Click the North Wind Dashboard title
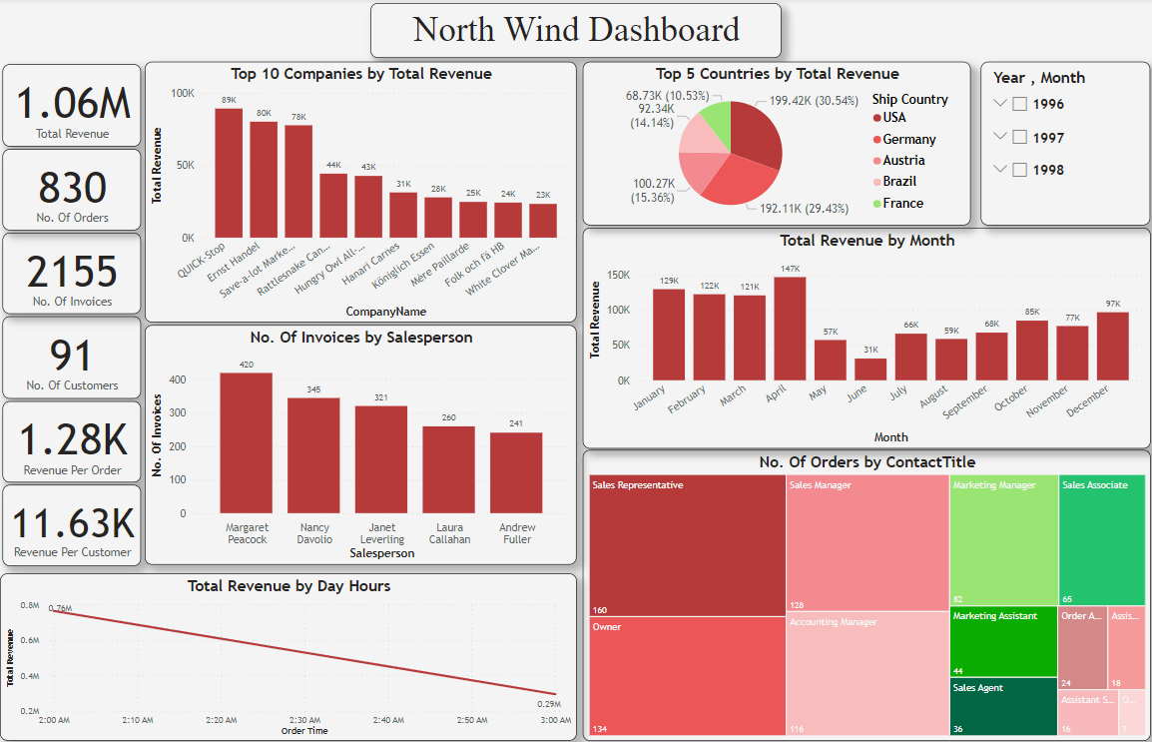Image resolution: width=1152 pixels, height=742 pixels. click(576, 30)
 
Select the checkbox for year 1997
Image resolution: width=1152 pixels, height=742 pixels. click(1019, 137)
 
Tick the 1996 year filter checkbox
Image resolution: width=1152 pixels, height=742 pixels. click(1019, 104)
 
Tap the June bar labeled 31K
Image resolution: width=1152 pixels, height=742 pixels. click(870, 369)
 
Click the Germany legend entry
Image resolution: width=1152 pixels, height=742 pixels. click(908, 140)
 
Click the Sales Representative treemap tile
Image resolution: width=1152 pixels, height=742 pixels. click(687, 545)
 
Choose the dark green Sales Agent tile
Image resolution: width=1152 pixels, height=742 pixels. click(1002, 707)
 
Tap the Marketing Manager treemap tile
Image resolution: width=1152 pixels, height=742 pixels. click(1002, 539)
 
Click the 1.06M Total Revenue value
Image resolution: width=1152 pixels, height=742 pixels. click(73, 103)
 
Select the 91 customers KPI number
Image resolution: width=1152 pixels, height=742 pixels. click(72, 356)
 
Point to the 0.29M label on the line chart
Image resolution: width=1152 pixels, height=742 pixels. click(549, 705)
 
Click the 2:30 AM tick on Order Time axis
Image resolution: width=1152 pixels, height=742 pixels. click(304, 720)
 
